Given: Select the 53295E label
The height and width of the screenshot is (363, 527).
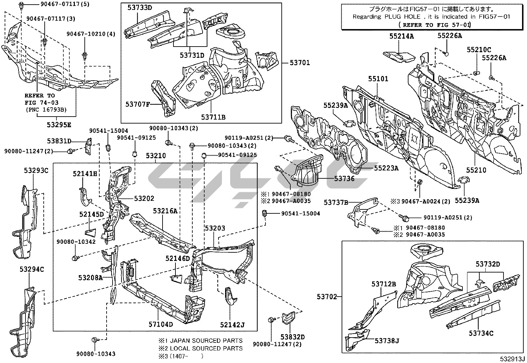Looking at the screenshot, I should [59, 125].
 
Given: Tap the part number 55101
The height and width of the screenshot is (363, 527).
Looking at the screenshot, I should [378, 79].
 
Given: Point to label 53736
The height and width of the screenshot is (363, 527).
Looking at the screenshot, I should [344, 179].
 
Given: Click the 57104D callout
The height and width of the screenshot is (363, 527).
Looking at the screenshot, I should [161, 324].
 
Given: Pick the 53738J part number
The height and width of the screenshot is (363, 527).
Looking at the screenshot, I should [387, 340].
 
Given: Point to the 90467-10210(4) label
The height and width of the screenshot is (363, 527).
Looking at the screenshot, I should [91, 34].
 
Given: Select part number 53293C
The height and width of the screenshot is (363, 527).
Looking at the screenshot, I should [36, 170].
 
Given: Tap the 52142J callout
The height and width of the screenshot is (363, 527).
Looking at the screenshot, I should [232, 325].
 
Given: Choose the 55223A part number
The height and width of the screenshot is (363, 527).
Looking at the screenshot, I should [386, 168].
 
